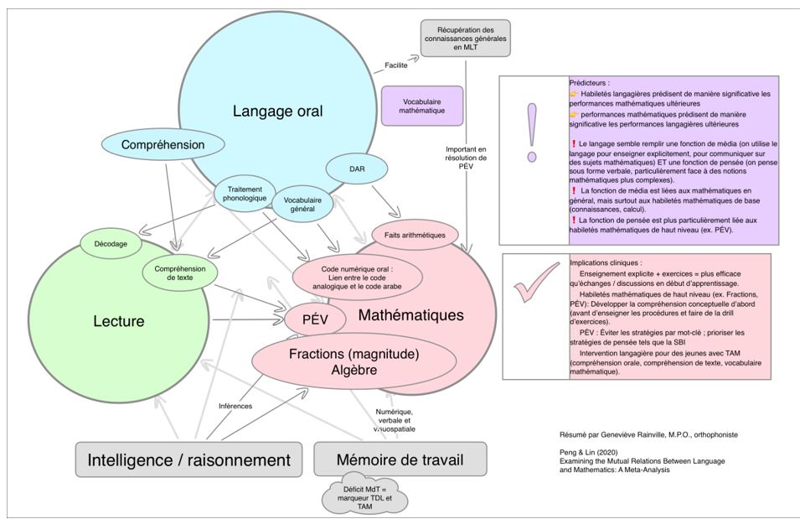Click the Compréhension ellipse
pyautogui.click(x=163, y=145)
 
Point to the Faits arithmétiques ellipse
pyautogui.click(x=415, y=236)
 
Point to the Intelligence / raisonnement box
pyautogui.click(x=189, y=459)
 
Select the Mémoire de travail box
pyautogui.click(x=400, y=459)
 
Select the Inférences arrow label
pyautogui.click(x=235, y=406)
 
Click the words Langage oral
pyautogui.click(x=277, y=111)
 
